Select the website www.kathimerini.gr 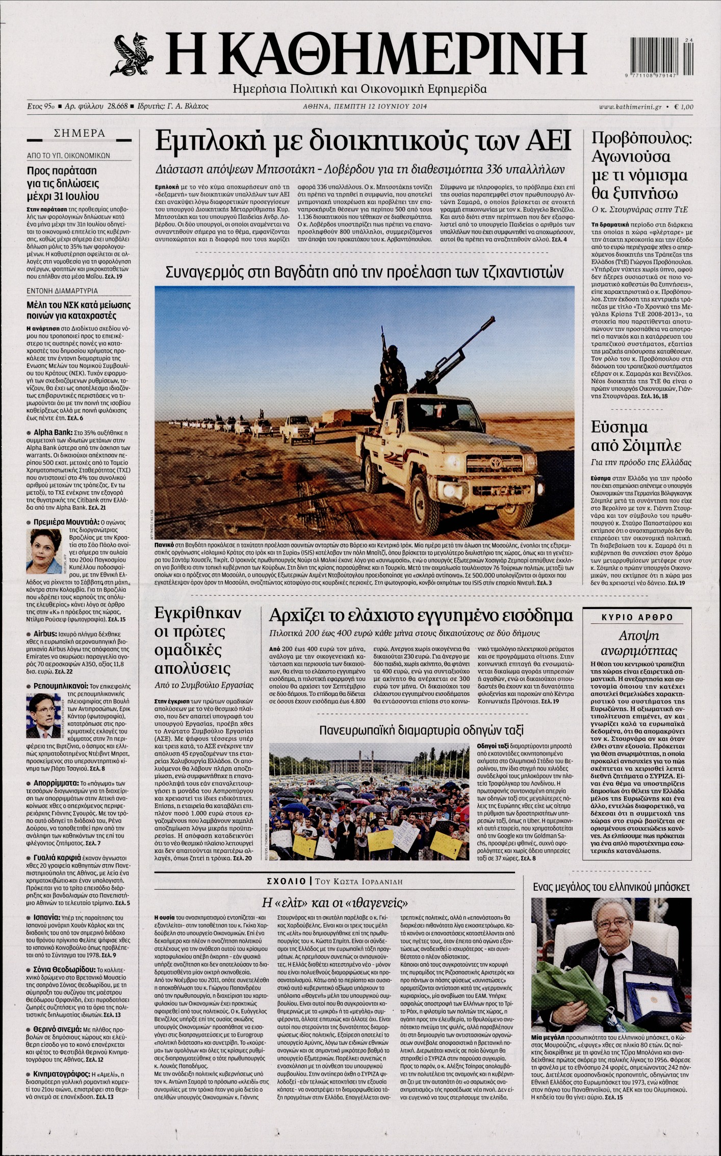[x=630, y=107]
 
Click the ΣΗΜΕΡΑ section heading [x=80, y=134]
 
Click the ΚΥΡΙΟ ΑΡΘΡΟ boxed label [x=637, y=617]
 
